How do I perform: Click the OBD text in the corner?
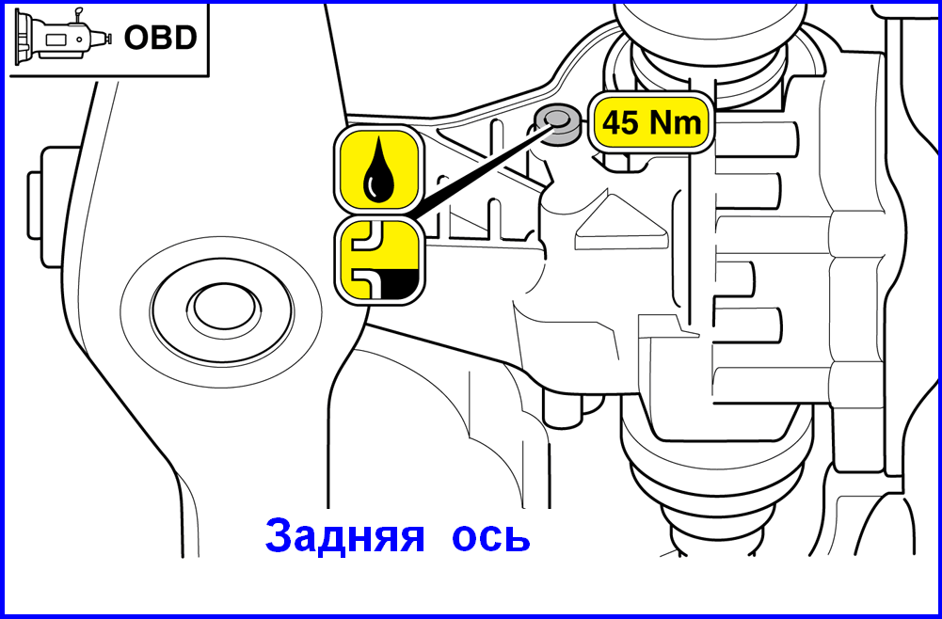pos(160,38)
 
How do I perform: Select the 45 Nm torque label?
pos(652,123)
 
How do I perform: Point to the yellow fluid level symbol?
pos(378,261)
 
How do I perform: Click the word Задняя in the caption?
pos(344,536)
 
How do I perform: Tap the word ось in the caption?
pos(491,538)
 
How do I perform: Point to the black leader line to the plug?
pos(478,172)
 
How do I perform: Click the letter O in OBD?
pos(136,38)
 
